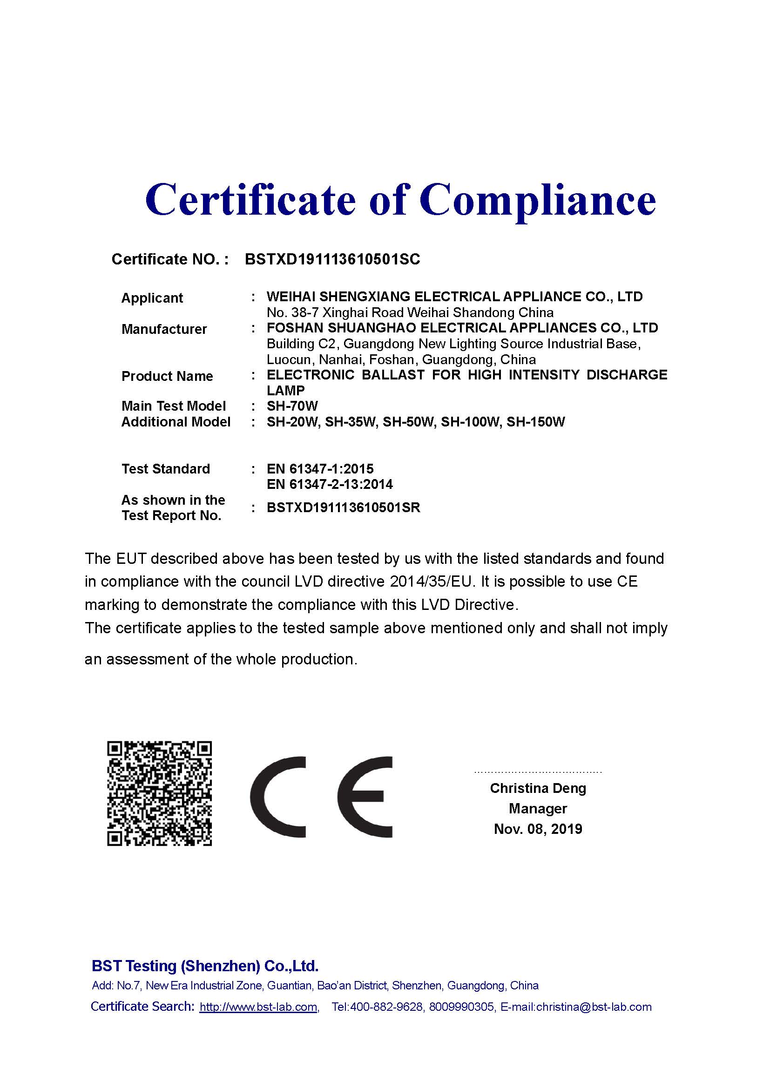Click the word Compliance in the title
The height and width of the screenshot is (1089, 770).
537,199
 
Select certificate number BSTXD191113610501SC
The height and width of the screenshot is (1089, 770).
332,259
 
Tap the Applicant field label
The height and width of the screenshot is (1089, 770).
152,298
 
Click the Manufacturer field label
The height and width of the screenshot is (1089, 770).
164,329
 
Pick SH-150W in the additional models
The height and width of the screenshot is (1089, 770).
536,422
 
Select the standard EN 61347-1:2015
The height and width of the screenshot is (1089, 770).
320,469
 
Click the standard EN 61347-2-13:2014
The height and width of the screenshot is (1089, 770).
330,484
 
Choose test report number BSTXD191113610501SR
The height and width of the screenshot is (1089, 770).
343,507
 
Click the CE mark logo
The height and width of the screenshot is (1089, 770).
322,797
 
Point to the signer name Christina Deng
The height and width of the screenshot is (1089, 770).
538,788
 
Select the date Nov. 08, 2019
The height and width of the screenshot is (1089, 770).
538,829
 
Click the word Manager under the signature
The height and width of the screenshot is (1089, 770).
538,808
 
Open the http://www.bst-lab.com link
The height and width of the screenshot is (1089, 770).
258,1007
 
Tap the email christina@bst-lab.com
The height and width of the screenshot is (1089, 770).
594,1007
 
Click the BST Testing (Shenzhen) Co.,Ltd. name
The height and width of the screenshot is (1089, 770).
205,966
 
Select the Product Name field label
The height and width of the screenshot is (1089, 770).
167,376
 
